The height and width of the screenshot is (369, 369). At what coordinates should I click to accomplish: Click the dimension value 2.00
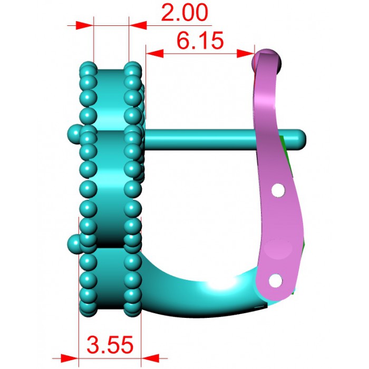(x=184, y=13)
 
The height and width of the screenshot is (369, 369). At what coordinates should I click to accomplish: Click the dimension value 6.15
(x=200, y=41)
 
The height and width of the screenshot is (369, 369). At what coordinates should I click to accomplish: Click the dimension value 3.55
(x=110, y=345)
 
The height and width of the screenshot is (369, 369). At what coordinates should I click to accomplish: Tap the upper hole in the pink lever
(x=278, y=190)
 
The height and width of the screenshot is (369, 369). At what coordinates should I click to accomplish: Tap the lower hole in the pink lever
(x=275, y=281)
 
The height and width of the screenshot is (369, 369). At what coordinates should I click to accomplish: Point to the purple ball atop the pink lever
(x=266, y=61)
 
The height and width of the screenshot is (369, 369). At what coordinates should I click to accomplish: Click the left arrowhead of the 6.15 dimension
(x=154, y=53)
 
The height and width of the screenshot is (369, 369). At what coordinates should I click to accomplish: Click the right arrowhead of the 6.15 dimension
(x=246, y=53)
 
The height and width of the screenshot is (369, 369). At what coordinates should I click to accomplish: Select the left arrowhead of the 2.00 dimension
(x=85, y=25)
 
